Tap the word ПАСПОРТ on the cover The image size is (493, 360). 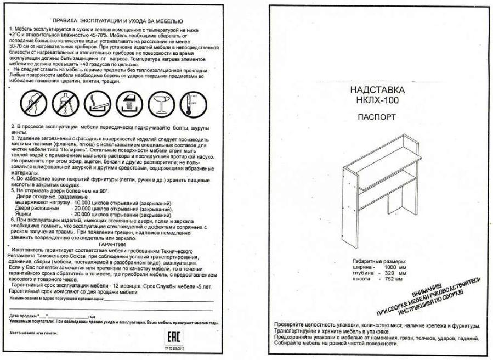tap(377, 117)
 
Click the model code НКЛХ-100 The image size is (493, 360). tap(377, 100)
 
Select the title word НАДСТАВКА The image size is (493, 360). tap(377, 91)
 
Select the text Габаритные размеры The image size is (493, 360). tap(379, 261)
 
